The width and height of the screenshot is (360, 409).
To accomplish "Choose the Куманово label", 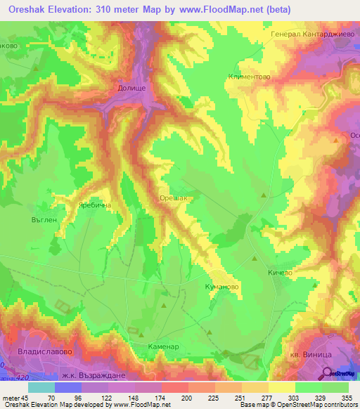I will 221,287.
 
